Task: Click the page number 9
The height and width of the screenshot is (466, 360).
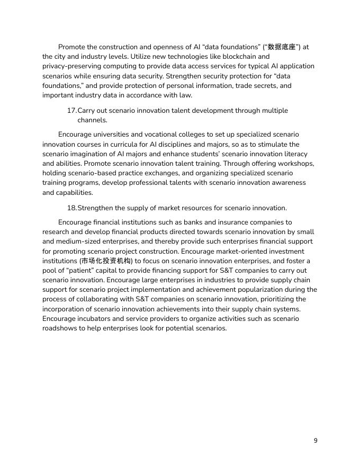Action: click(316, 441)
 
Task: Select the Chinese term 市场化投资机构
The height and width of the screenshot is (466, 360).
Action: click(106, 261)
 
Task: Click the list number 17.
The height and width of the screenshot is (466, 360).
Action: click(71, 111)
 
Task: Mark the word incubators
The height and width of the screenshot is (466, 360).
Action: click(96, 319)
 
